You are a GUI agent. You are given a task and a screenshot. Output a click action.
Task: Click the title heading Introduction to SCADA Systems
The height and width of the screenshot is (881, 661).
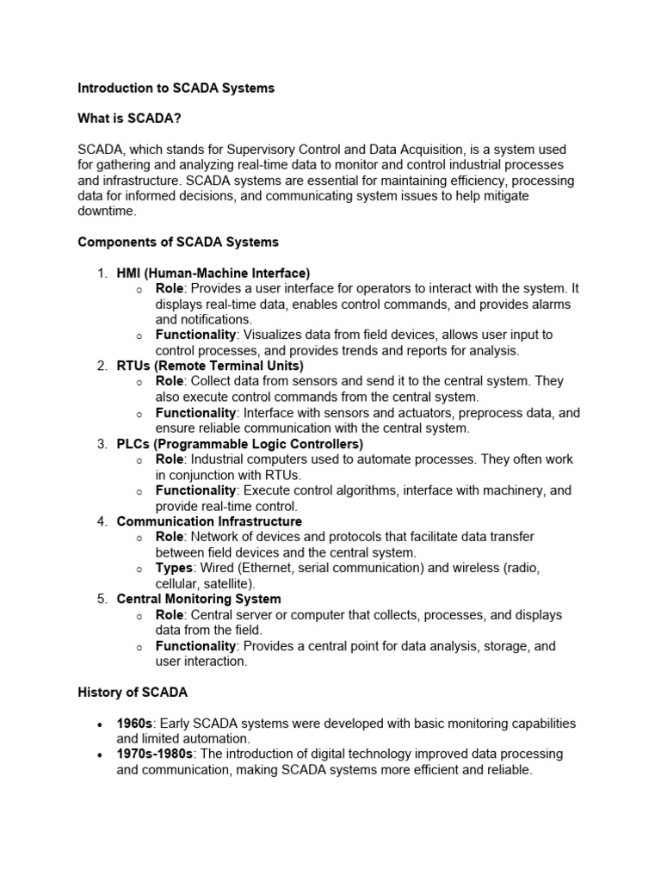pyautogui.click(x=176, y=89)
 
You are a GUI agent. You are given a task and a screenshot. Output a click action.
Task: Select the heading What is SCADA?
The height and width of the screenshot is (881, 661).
pyautogui.click(x=129, y=119)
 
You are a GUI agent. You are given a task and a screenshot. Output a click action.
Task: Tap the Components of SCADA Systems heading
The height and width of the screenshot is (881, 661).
pyautogui.click(x=178, y=242)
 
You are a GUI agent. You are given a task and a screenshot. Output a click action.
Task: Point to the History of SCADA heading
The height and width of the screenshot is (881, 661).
pyautogui.click(x=133, y=692)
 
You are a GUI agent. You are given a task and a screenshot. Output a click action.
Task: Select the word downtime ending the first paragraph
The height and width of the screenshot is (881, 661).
pyautogui.click(x=107, y=211)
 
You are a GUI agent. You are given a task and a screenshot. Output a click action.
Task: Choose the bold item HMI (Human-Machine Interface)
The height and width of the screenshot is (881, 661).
pyautogui.click(x=213, y=274)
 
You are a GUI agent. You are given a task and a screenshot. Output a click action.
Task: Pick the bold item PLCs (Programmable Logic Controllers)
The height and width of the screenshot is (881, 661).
pyautogui.click(x=240, y=444)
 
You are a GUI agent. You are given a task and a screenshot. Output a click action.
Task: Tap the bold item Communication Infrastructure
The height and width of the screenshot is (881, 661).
pyautogui.click(x=209, y=521)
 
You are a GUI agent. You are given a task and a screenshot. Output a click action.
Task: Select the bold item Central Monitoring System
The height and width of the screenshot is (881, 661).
pyautogui.click(x=199, y=599)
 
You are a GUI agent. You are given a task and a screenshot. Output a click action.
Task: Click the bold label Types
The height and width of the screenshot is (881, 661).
pyautogui.click(x=173, y=569)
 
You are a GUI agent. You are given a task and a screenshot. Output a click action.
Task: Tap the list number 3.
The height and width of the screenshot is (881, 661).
pyautogui.click(x=102, y=444)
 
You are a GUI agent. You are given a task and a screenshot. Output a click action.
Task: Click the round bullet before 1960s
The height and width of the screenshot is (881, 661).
pyautogui.click(x=102, y=724)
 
